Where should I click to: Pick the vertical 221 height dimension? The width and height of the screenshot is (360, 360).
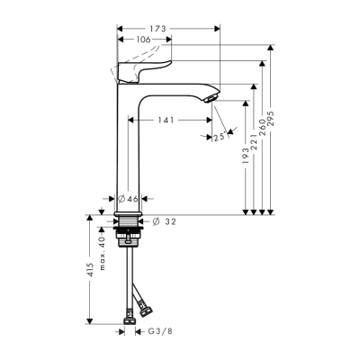tap(256, 143)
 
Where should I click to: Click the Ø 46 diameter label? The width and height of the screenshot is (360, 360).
tap(129, 198)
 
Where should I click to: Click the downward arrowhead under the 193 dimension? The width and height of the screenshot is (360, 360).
tap(246, 211)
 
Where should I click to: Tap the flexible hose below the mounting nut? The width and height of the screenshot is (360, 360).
tap(130, 274)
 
